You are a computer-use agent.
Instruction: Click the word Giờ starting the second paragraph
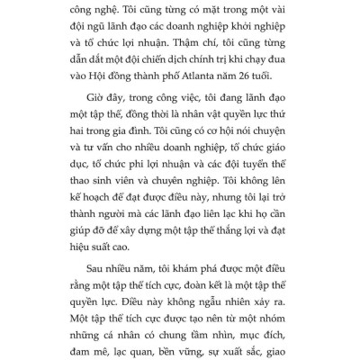[85, 117]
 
